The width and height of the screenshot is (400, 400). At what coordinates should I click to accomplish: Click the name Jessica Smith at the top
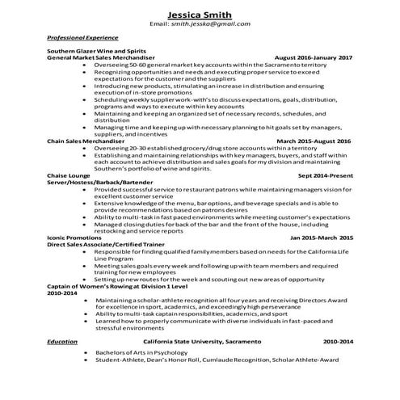(200, 14)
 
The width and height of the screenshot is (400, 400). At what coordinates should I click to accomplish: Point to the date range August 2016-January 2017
(314, 58)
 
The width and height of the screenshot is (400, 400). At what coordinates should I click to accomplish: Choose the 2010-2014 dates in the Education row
(338, 343)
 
